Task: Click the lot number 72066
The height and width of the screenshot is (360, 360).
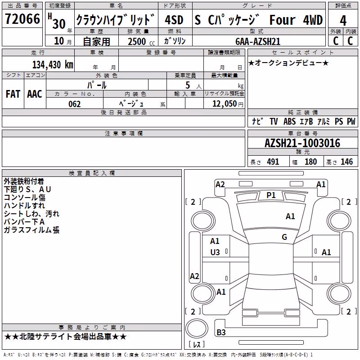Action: click(x=22, y=19)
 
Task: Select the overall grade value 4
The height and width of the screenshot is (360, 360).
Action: click(x=343, y=20)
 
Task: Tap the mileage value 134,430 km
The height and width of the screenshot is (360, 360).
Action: click(x=53, y=64)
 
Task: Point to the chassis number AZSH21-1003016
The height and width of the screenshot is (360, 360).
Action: click(x=302, y=143)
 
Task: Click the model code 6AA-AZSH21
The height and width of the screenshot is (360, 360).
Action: click(x=258, y=41)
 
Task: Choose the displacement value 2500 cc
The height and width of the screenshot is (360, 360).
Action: click(x=141, y=41)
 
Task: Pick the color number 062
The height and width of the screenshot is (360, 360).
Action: click(x=74, y=104)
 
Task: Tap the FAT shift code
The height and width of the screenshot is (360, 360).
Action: click(x=13, y=94)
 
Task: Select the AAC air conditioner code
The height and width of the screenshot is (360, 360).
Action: click(x=35, y=94)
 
